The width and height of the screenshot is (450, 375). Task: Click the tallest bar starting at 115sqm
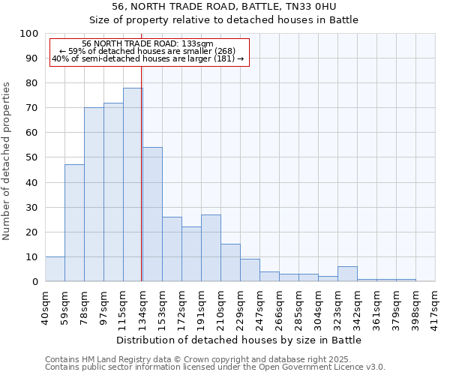(133, 184)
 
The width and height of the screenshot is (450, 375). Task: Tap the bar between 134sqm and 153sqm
(152, 214)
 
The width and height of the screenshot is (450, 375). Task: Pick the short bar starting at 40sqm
(55, 269)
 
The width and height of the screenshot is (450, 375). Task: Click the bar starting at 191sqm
(211, 248)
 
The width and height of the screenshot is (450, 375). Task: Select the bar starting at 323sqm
(347, 274)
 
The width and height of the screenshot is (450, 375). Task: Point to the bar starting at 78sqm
(94, 194)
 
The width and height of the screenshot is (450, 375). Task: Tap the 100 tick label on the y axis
(29, 34)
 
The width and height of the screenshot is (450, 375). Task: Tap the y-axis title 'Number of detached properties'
(7, 162)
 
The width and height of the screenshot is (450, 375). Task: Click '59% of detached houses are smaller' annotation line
(148, 51)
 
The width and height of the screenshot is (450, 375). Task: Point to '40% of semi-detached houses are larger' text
(148, 58)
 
